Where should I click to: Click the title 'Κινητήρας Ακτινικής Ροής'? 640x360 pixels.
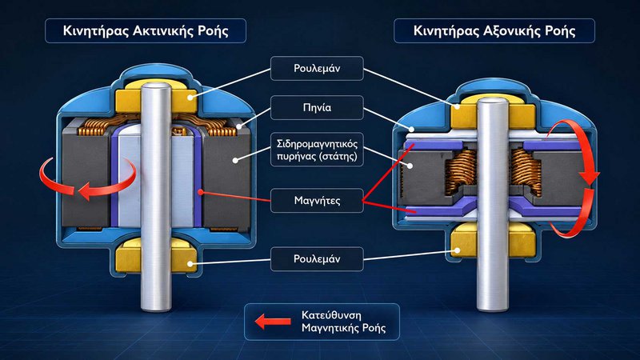146,31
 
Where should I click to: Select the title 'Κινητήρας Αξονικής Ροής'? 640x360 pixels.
494,31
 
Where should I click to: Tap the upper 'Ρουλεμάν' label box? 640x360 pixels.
317,68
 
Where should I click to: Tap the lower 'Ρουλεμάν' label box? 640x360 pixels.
317,258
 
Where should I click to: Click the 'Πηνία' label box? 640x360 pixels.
317,107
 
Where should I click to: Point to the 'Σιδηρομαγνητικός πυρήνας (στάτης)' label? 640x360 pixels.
317,150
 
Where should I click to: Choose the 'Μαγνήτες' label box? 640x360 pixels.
317,201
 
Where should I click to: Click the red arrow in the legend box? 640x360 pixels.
273,322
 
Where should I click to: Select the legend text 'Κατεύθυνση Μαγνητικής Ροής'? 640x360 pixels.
343,322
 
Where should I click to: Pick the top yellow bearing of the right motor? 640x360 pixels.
493,112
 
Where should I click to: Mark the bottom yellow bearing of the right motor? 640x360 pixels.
493,241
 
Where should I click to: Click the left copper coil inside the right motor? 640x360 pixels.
462,170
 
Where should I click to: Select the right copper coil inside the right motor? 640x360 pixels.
526,171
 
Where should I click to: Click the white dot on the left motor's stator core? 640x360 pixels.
235,161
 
